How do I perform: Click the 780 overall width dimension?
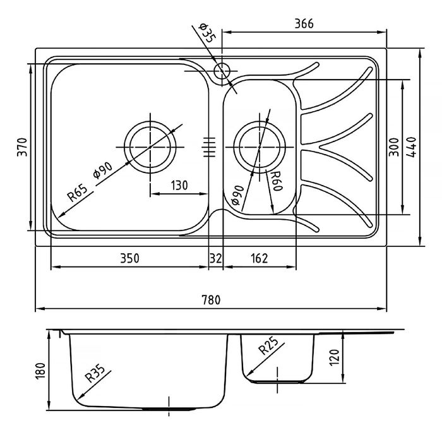coord(211,301)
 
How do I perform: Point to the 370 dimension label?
coord(21,147)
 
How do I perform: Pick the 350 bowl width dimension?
coord(128,258)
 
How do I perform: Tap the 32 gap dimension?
coord(215,258)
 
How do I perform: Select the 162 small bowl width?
coord(259,258)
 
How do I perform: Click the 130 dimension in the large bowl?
coord(179,186)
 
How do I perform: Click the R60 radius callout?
coord(275,181)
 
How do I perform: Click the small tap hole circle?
coord(222,71)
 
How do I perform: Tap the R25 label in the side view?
coord(268,347)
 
